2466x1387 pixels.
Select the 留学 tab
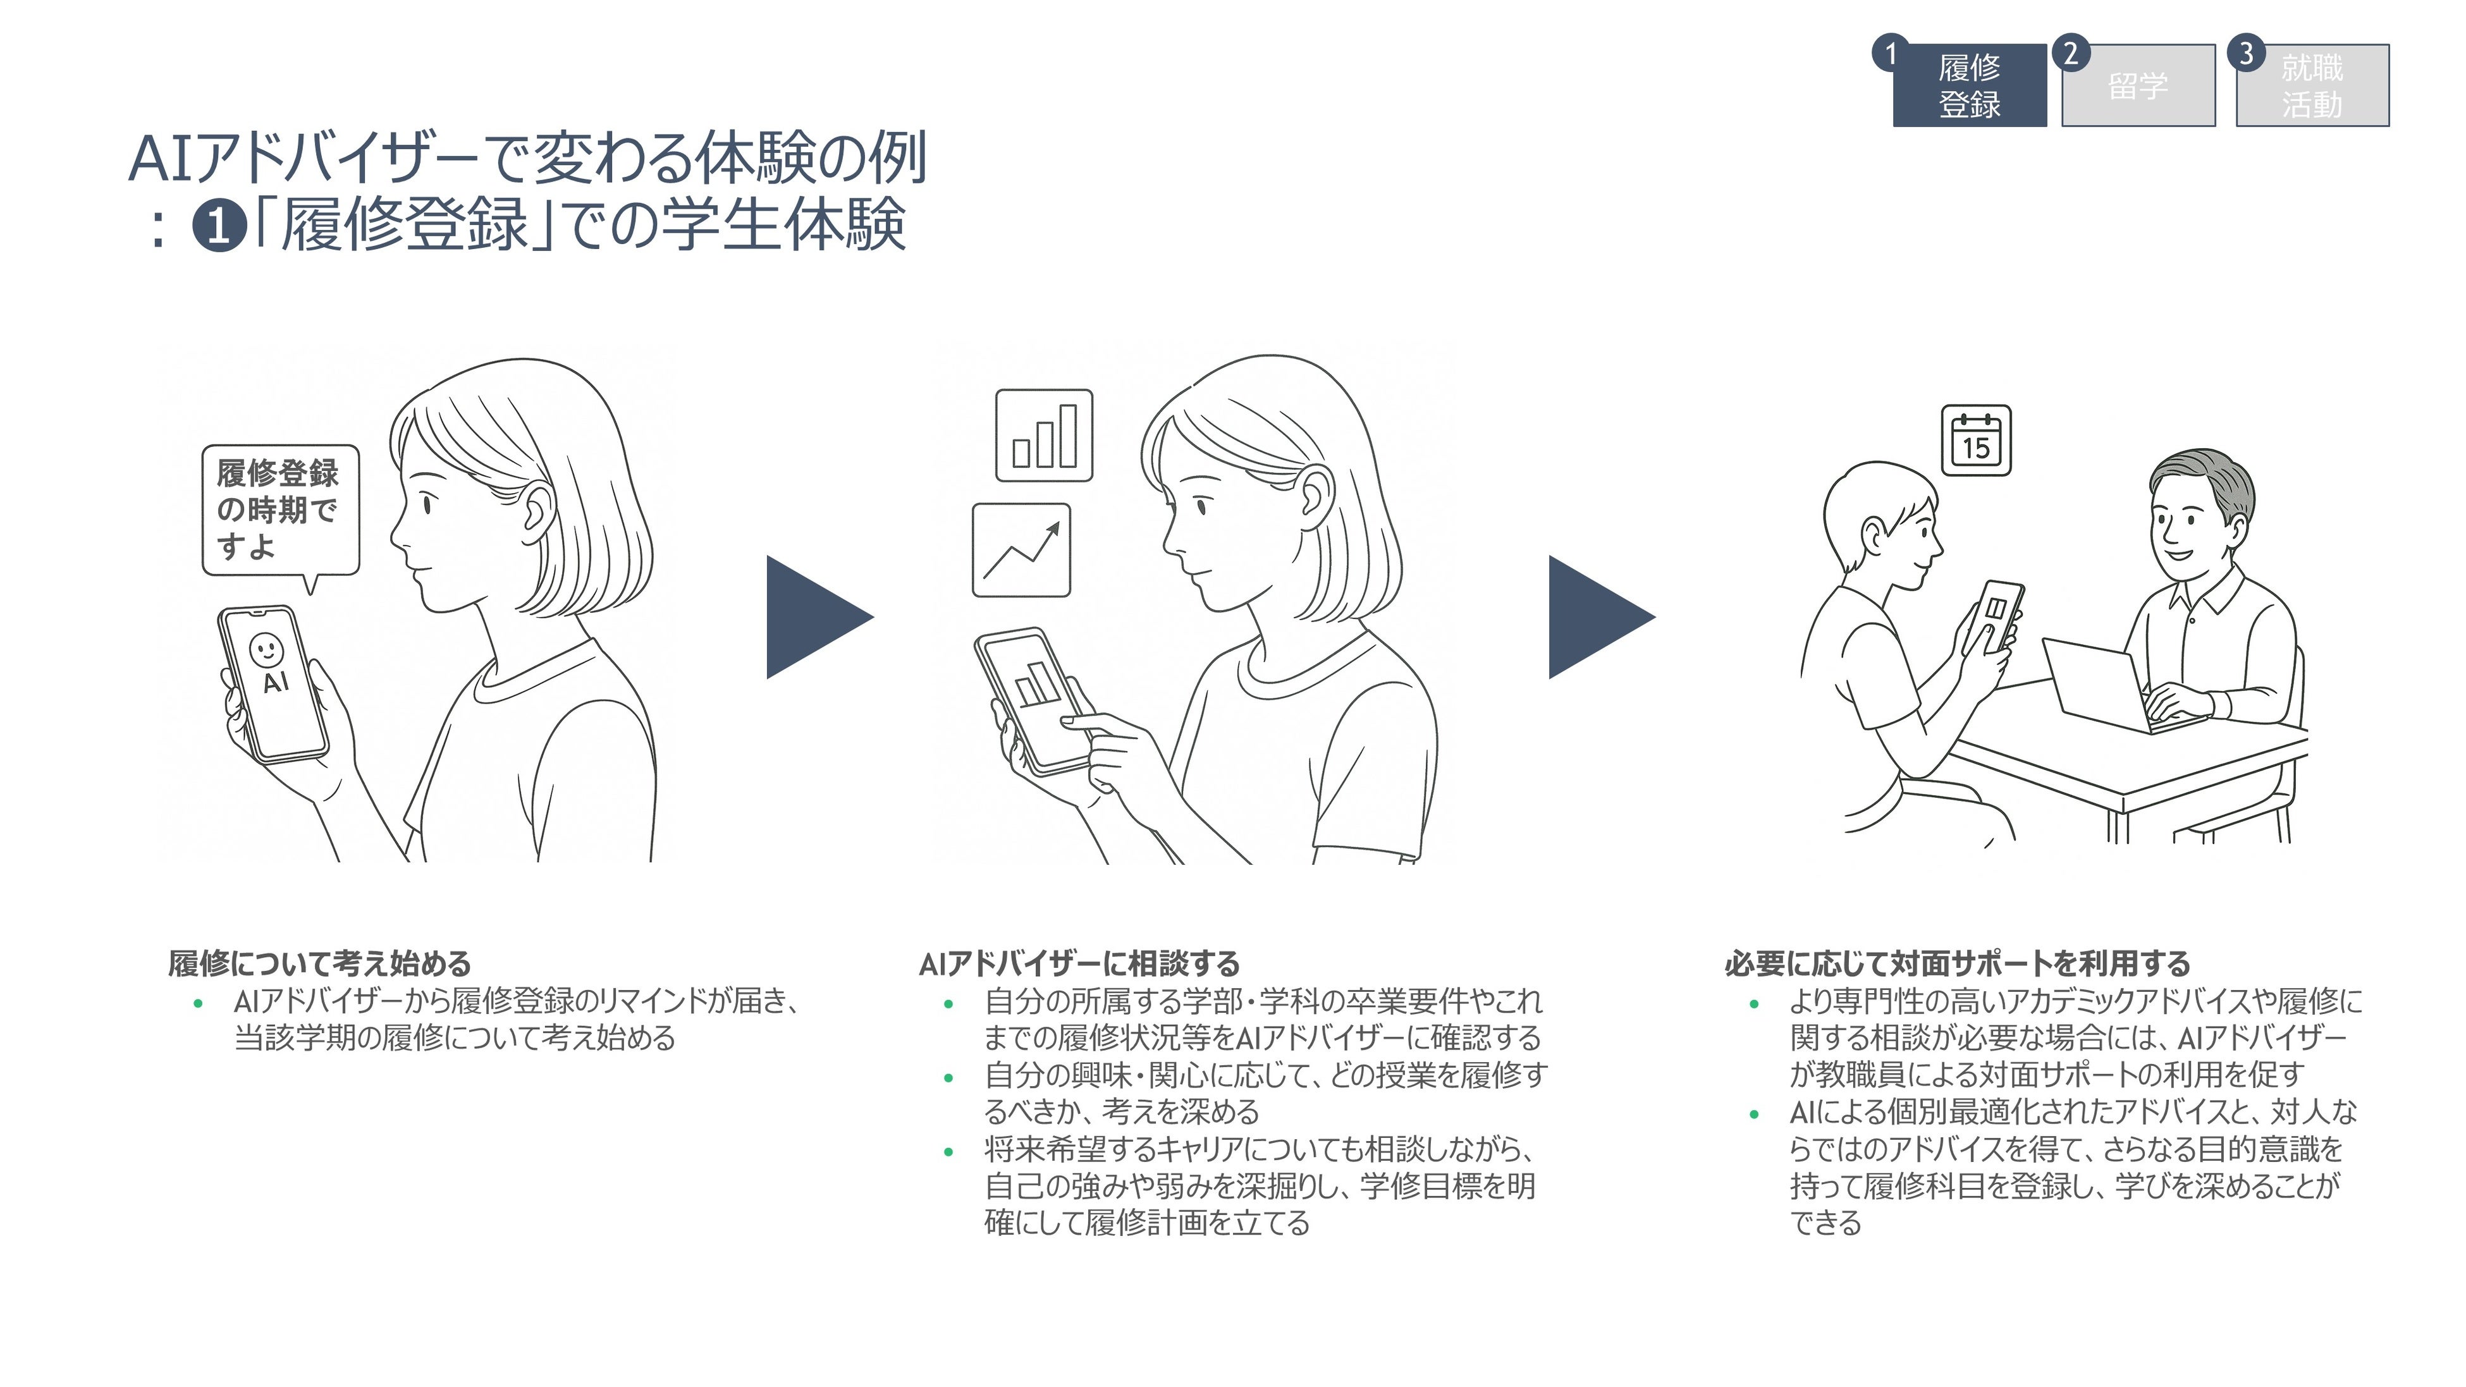[x=2138, y=85]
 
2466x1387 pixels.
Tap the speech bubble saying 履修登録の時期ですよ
[x=279, y=510]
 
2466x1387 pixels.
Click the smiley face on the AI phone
[x=266, y=649]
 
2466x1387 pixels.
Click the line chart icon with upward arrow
[x=1021, y=551]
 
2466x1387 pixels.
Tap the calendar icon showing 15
[x=1976, y=441]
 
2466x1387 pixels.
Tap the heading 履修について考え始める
[x=320, y=963]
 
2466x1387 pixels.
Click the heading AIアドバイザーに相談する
[x=1079, y=963]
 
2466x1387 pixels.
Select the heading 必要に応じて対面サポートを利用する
[x=1958, y=963]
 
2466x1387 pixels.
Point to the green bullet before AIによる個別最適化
[x=1754, y=1114]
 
